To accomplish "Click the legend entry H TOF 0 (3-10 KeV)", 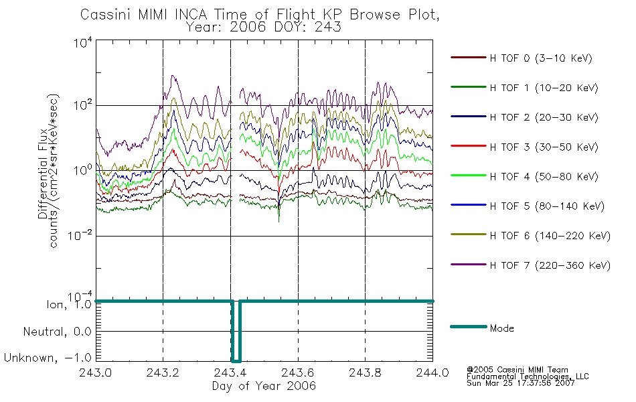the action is pyautogui.click(x=541, y=58).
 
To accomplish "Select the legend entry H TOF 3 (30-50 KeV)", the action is pyautogui.click(x=544, y=147).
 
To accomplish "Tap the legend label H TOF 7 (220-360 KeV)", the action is pyautogui.click(x=550, y=265).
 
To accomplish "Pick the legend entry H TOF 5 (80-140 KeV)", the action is pyautogui.click(x=547, y=206).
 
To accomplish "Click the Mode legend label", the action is pyautogui.click(x=501, y=328).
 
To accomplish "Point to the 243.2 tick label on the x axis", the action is pyautogui.click(x=163, y=373).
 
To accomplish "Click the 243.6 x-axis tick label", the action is pyautogui.click(x=298, y=373).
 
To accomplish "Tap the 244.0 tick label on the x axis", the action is pyautogui.click(x=432, y=373).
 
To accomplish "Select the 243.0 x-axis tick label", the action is pyautogui.click(x=96, y=373).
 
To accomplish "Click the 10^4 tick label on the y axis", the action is pyautogui.click(x=83, y=42).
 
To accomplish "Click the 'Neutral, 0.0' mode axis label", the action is pyautogui.click(x=57, y=332).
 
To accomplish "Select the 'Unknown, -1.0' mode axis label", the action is pyautogui.click(x=48, y=358).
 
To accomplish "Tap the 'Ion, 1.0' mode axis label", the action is pyautogui.click(x=69, y=304).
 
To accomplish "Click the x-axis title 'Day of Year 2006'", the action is pyautogui.click(x=264, y=386).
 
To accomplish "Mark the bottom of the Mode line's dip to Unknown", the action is pyautogui.click(x=236, y=361).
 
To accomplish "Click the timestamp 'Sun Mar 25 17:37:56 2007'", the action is pyautogui.click(x=520, y=383).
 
